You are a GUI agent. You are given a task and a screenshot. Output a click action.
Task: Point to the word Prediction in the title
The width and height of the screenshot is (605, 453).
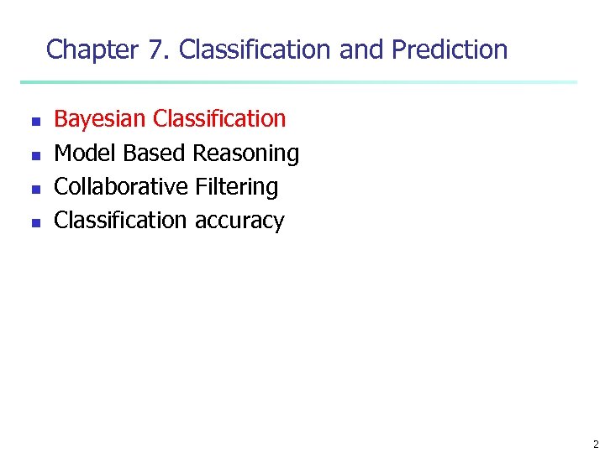tap(450, 50)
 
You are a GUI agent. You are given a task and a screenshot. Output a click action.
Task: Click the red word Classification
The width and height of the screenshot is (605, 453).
tap(219, 119)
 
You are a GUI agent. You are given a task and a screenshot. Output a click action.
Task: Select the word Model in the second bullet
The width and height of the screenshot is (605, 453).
tap(85, 154)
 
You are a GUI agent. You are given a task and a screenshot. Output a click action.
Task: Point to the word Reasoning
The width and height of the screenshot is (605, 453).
tap(245, 154)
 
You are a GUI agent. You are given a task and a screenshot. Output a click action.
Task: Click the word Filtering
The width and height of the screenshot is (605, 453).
tap(236, 187)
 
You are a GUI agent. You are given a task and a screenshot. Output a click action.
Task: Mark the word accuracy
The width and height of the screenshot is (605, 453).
tap(239, 221)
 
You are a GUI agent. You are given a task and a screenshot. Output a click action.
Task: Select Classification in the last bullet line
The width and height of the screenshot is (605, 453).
tap(121, 221)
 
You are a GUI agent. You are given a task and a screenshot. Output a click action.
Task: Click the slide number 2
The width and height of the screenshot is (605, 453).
tap(595, 445)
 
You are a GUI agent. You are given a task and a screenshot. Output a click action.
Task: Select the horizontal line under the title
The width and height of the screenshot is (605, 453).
tap(298, 82)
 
